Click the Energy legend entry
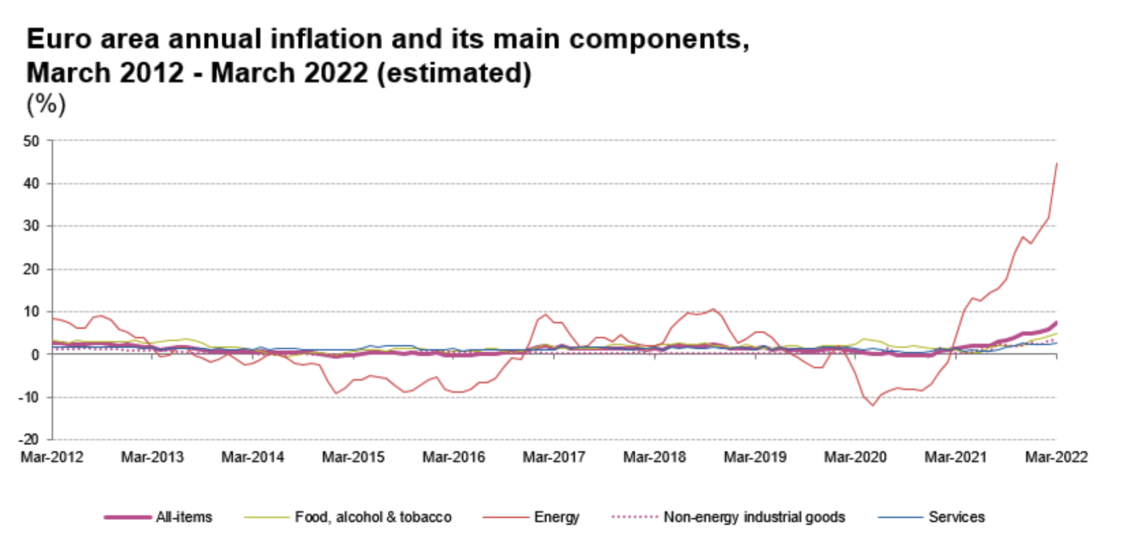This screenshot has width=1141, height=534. (556, 517)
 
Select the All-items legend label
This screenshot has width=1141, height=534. (184, 517)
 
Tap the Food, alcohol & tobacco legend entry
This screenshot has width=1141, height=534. (373, 517)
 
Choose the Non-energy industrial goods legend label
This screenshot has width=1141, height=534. (754, 517)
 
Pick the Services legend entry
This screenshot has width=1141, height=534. (956, 517)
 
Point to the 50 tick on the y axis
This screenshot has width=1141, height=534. (31, 141)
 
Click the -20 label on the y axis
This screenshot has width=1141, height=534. (28, 439)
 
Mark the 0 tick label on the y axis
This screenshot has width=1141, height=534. (36, 354)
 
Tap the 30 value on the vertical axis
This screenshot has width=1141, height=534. (31, 226)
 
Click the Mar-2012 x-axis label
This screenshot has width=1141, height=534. (52, 458)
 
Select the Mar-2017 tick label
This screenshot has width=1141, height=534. (554, 458)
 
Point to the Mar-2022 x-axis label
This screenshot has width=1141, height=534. (1056, 458)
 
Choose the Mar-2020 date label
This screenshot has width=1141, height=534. (855, 458)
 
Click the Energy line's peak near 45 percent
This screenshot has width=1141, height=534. (1057, 163)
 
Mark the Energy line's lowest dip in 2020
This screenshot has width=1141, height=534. (873, 406)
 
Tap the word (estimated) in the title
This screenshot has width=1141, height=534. (454, 73)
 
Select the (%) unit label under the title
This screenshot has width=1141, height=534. (46, 104)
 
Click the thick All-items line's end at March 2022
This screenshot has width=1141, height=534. (1056, 322)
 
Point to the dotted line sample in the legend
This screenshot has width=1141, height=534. (634, 517)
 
